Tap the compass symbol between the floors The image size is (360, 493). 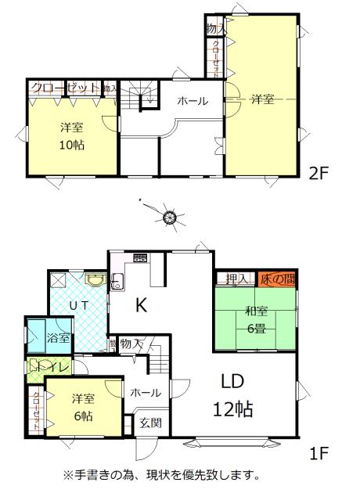(x=169, y=215)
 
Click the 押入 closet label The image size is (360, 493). (x=236, y=279)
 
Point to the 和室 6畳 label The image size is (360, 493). (x=254, y=320)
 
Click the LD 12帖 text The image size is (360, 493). (x=232, y=395)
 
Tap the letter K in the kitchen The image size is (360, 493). (x=141, y=306)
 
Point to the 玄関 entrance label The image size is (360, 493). (x=150, y=423)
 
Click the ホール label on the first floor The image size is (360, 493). (x=146, y=392)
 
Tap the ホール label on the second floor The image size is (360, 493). (x=193, y=101)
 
